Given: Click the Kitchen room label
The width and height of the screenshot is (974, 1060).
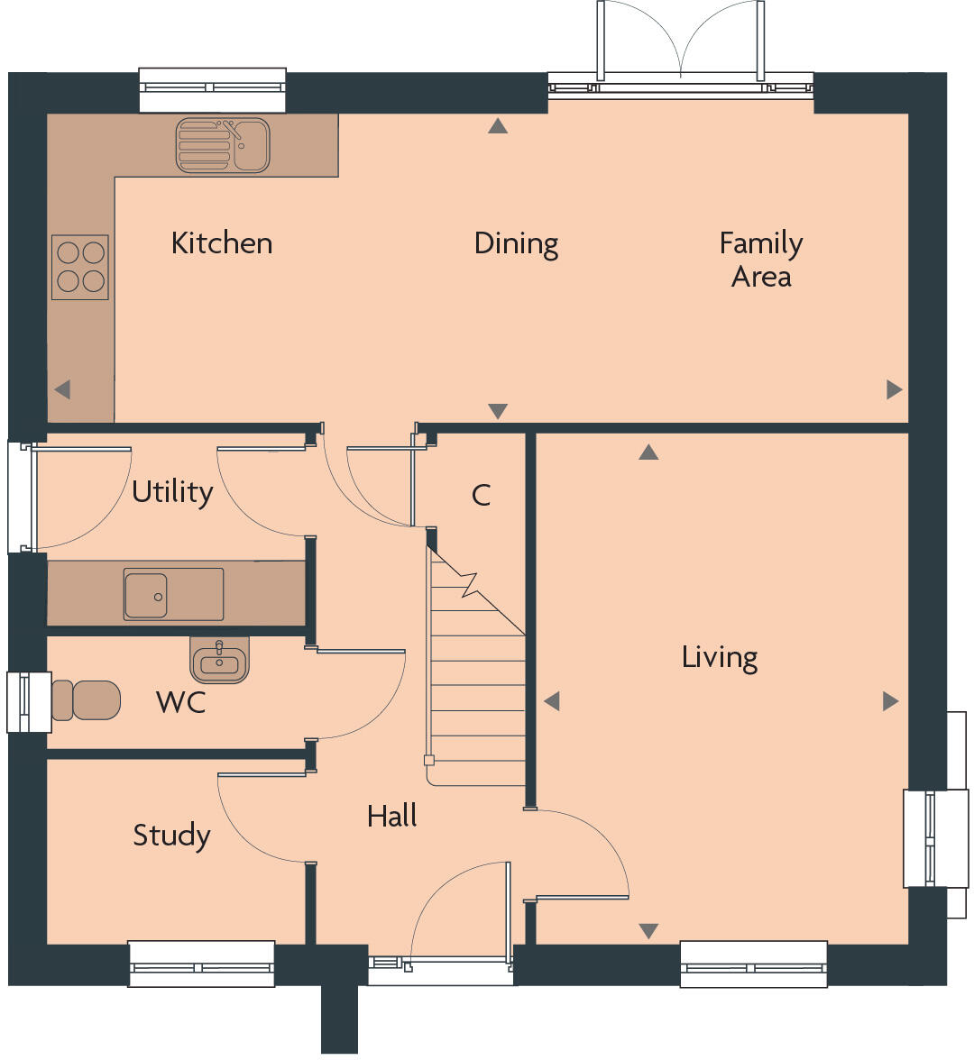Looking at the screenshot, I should pos(222,243).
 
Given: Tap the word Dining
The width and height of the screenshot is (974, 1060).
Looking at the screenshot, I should pos(516,244).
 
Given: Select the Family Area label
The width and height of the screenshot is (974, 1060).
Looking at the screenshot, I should pos(761,260).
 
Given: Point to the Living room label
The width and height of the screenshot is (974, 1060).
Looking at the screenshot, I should pos(719,657).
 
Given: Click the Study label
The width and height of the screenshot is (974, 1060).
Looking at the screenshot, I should pos(171,836).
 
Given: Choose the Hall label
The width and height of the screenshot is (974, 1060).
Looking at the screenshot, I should pos(391,817).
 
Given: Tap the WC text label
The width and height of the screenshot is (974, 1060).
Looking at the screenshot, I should pos(181,702).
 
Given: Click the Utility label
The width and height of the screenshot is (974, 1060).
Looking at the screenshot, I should pos(172,492).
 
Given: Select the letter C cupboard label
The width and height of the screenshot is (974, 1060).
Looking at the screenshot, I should pos(481,495).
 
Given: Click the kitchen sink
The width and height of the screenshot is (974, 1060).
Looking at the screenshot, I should pos(222,144).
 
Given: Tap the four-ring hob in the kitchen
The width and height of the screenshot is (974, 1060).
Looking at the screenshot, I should pos(80,268).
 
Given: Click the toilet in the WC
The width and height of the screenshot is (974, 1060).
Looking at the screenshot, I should pos(87,700).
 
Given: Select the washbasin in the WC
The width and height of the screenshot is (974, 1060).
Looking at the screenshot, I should pos(219,661).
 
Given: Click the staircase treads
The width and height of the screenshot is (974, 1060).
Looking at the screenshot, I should pos(477,685).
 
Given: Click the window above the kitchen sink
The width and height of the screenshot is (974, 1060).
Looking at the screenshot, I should pos(213,89).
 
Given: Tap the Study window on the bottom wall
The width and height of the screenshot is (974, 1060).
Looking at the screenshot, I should pos(201,964).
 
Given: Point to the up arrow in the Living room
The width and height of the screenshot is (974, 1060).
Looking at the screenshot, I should pos(648,452).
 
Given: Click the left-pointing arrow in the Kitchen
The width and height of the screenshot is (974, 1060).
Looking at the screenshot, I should pos(62,389).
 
